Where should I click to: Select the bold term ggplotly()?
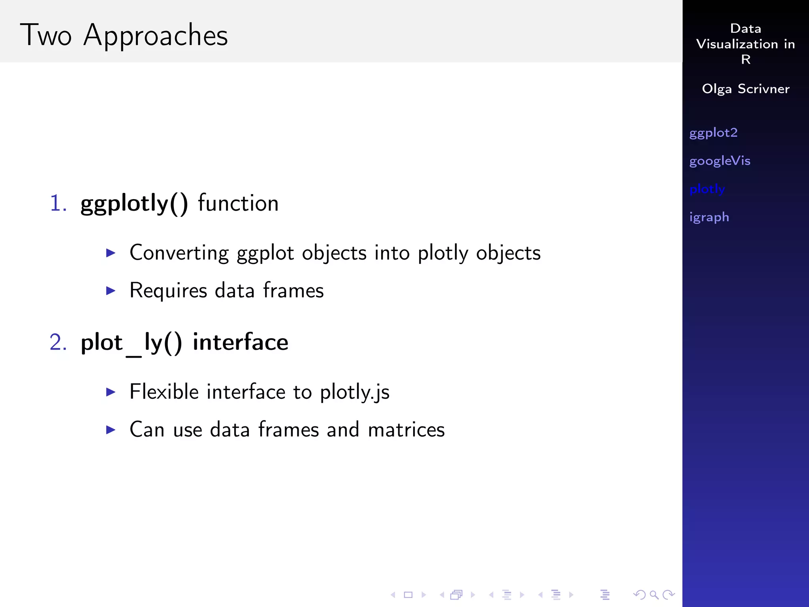tap(134, 204)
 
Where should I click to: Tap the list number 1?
tap(58, 204)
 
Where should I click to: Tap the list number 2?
tap(58, 342)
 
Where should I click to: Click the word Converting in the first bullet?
tap(179, 253)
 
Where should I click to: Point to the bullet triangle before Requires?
tap(111, 291)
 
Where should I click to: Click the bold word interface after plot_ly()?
tap(241, 342)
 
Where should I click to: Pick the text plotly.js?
tap(354, 392)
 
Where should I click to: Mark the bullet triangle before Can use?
tap(111, 430)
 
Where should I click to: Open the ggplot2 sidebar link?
tap(713, 133)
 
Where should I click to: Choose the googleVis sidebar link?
tap(720, 161)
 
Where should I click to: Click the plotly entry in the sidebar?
tap(707, 189)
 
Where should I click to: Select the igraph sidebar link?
tap(709, 217)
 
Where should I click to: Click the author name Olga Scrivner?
tap(745, 89)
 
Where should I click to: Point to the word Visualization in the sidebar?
tap(737, 44)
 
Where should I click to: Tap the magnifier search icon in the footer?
tap(654, 594)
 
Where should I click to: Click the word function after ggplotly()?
tap(238, 204)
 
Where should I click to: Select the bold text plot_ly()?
tap(131, 343)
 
